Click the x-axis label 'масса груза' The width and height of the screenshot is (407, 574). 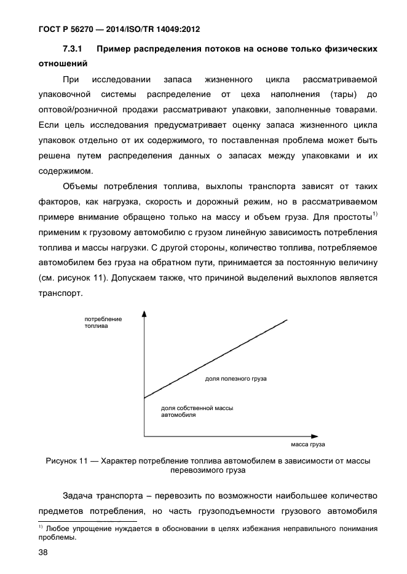coord(307,444)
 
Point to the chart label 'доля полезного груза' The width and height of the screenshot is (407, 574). coord(235,379)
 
